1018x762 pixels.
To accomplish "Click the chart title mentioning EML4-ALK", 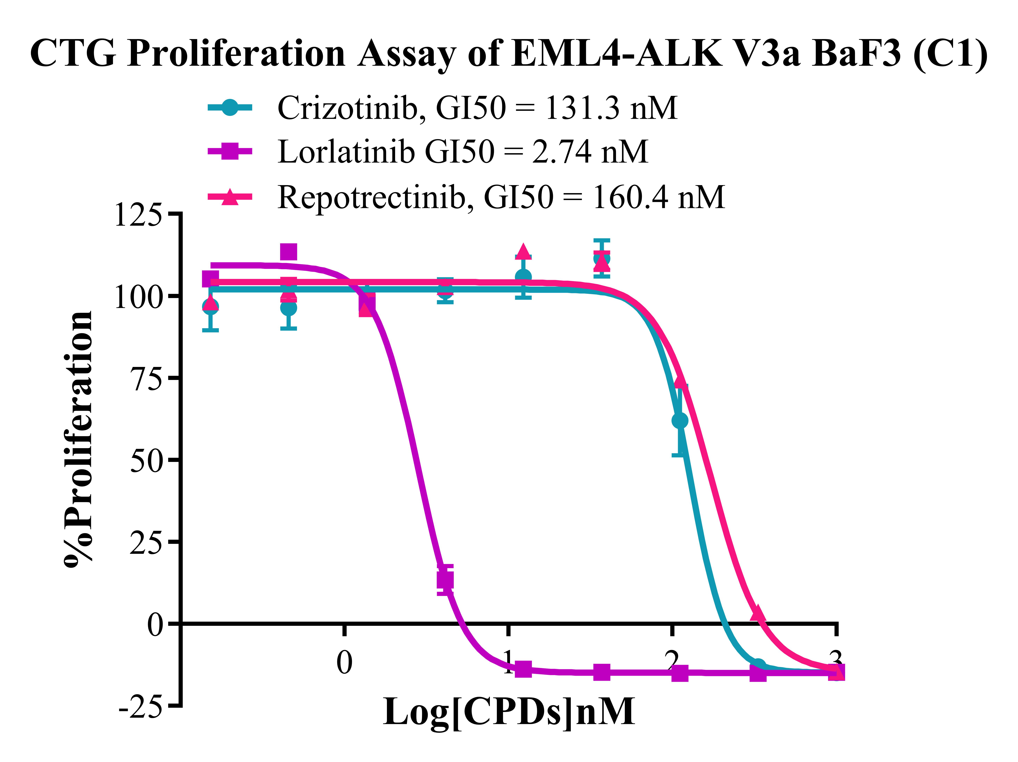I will tap(508, 54).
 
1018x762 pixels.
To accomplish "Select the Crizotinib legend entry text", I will tap(477, 108).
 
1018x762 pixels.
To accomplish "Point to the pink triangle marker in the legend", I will tap(230, 196).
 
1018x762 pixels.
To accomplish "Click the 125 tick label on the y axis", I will tap(138, 214).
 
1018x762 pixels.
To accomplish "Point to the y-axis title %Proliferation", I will tap(78, 440).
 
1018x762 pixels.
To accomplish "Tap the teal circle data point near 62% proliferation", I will tap(680, 421).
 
